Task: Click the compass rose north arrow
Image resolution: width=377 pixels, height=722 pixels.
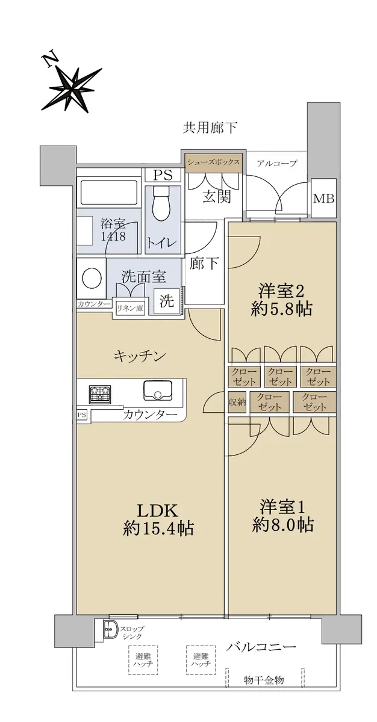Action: [72, 88]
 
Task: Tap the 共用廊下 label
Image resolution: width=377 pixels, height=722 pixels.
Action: [210, 128]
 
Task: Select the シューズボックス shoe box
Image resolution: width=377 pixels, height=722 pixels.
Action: [214, 162]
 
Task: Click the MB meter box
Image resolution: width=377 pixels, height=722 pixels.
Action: [324, 199]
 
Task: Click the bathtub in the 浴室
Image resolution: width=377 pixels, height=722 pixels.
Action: [108, 192]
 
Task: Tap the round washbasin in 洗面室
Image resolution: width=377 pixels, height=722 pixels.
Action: [92, 278]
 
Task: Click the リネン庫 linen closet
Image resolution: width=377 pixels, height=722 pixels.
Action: [131, 308]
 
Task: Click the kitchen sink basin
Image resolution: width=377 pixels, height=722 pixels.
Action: [157, 390]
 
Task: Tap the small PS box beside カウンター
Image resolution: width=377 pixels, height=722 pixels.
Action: [81, 415]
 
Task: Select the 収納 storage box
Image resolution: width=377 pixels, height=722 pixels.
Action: [237, 402]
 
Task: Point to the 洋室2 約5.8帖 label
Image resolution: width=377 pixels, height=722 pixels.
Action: [281, 300]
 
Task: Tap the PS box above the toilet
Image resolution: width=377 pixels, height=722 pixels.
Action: [163, 175]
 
